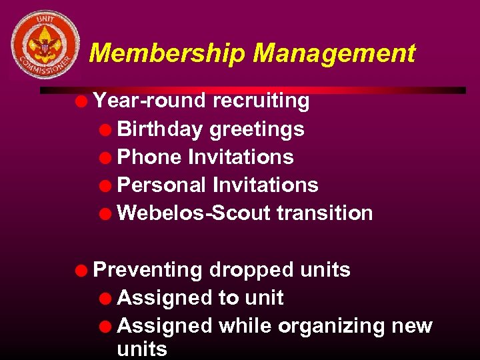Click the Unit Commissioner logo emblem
(44, 45)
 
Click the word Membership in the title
(167, 53)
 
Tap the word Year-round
(149, 101)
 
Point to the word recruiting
(261, 101)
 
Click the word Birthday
(160, 129)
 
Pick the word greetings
(257, 129)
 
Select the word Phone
(149, 157)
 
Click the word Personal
(162, 185)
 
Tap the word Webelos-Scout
(194, 213)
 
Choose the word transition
(325, 213)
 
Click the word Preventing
(148, 270)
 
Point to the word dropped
(251, 270)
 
